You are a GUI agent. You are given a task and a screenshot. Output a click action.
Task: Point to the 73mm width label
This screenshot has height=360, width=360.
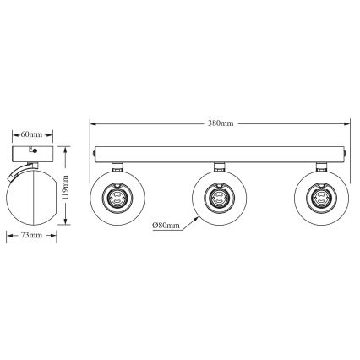(34, 235)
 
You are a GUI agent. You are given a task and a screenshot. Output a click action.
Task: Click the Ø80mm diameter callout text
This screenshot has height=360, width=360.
(166, 225)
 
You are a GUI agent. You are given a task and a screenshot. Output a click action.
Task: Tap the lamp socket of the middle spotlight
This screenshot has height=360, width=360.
(218, 198)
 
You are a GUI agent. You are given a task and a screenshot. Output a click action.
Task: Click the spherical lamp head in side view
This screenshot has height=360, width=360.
(34, 196)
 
